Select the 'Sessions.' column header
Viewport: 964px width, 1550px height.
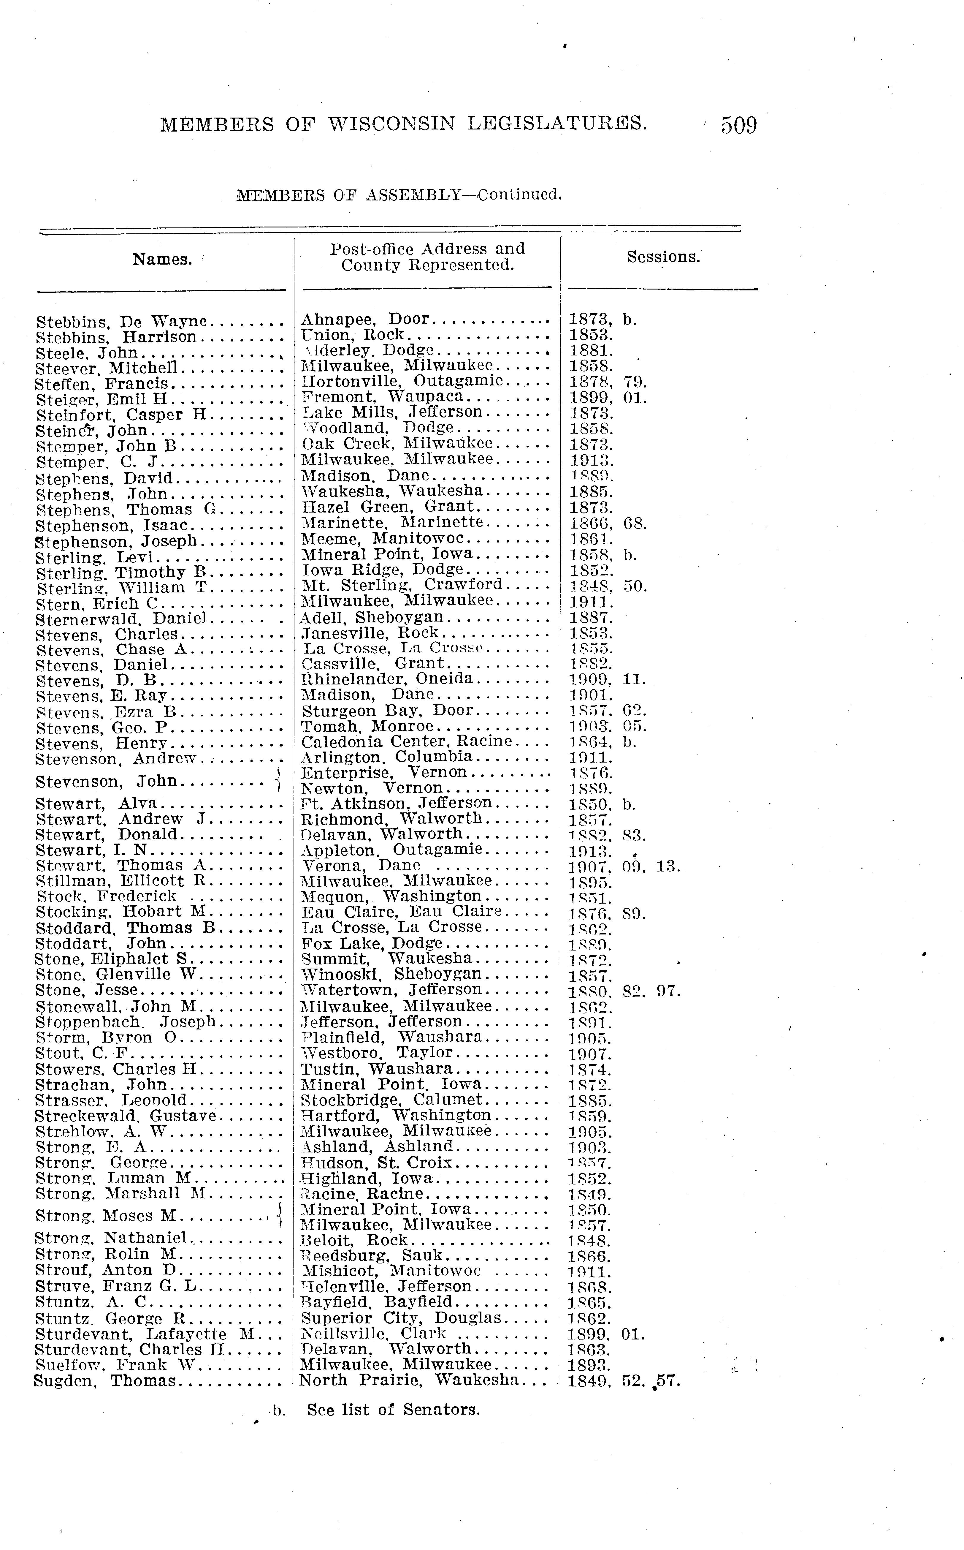coord(663,257)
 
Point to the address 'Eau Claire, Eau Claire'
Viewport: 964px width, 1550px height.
coord(402,912)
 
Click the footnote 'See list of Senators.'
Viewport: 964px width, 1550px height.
coord(393,1410)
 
